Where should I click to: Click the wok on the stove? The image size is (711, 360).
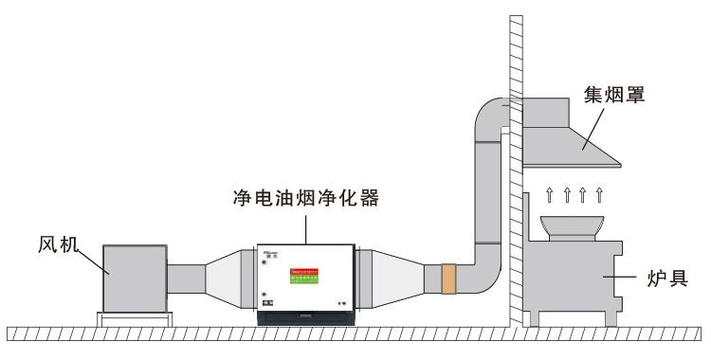pos(573,228)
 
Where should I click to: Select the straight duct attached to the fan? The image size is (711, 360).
pos(186,279)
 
